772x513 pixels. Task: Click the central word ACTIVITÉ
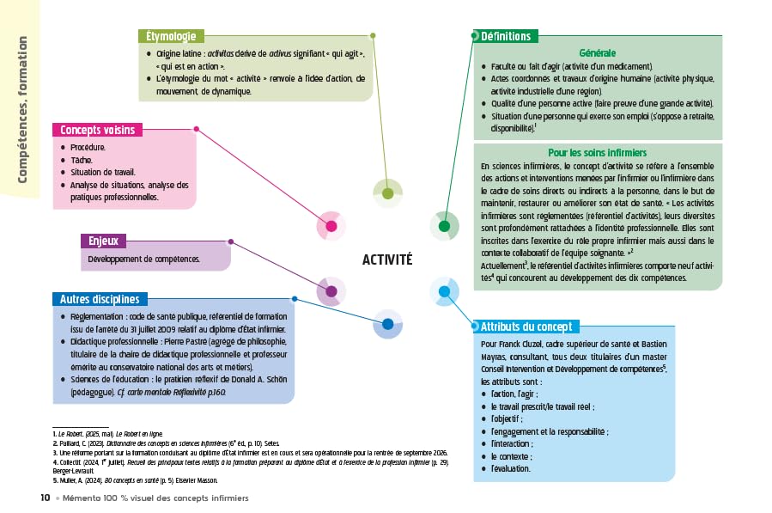click(387, 260)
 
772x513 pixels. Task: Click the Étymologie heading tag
click(171, 36)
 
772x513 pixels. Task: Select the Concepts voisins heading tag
click(96, 131)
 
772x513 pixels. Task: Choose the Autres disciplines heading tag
click(100, 299)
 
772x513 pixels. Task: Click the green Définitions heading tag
click(505, 36)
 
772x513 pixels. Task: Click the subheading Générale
click(598, 52)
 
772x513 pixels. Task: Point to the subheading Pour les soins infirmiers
click(598, 152)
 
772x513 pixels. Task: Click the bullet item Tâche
click(82, 160)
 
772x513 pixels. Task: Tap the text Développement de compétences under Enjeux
click(143, 259)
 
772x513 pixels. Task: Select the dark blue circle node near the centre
click(387, 325)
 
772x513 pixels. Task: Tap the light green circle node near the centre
click(387, 193)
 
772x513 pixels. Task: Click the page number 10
click(45, 498)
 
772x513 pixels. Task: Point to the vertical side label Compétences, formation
click(21, 109)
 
